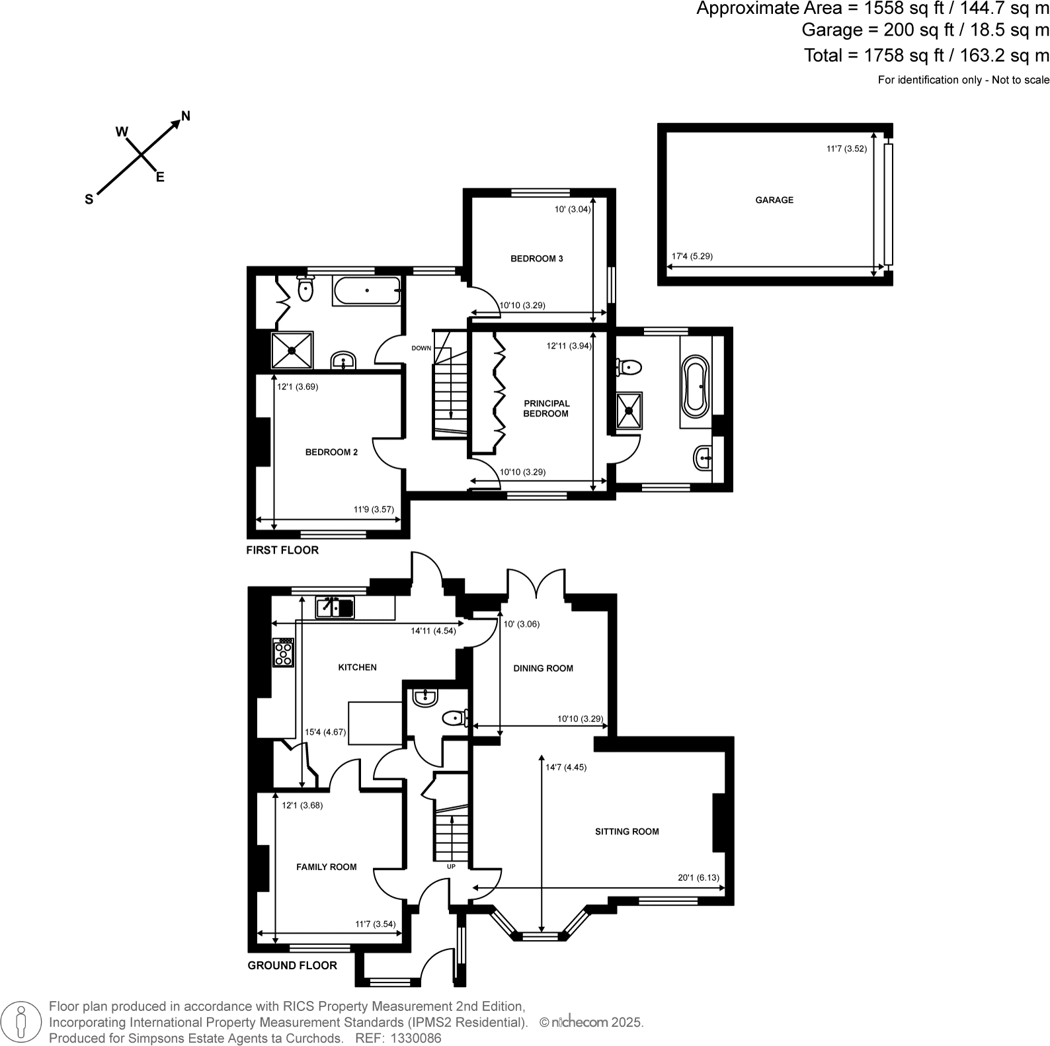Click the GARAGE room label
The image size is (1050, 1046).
tap(774, 200)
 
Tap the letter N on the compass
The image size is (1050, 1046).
tap(186, 116)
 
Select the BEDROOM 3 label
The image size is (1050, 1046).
tap(536, 259)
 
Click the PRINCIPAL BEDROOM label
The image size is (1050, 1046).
tap(546, 409)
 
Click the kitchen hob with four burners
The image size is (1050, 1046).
tap(284, 653)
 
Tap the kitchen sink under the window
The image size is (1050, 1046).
tap(335, 606)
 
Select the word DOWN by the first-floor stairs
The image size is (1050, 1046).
tap(421, 348)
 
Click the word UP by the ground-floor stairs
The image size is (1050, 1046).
tap(451, 866)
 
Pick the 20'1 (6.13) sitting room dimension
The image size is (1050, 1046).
tap(698, 878)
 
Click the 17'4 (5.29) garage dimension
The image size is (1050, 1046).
tap(692, 257)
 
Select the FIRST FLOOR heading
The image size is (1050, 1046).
tap(282, 550)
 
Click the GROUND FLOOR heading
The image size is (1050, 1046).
tap(292, 965)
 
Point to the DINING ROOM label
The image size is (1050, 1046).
tap(543, 668)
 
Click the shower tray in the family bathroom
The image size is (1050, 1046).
tap(292, 350)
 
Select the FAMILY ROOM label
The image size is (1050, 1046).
tap(326, 867)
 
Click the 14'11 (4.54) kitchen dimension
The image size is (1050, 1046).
tap(433, 631)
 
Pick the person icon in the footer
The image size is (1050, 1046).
tap(21, 1021)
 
